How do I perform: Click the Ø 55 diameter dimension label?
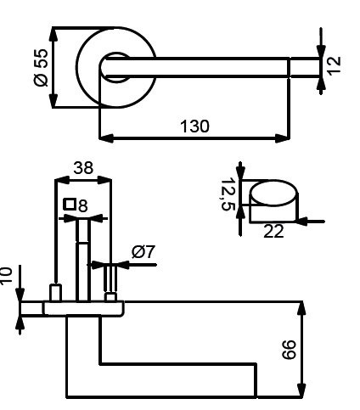coord(41,67)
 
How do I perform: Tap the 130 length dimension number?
coord(194,126)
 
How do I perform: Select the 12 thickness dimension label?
coord(335,65)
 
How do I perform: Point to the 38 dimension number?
coord(83,167)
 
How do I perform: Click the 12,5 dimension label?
coord(228,194)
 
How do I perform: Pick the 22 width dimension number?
coord(273,231)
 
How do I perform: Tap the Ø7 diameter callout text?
coord(143,251)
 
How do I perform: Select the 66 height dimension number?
coord(290,350)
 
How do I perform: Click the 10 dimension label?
coord(6,275)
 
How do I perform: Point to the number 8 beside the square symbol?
coord(83,205)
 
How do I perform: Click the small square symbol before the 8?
coord(70,205)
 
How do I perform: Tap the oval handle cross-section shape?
coord(273,193)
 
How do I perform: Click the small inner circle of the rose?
coord(116,67)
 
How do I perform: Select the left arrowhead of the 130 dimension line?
coord(106,138)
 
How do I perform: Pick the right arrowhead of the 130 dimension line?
coord(283,138)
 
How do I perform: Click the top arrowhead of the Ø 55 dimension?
coord(53,35)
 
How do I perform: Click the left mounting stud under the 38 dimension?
coord(56,293)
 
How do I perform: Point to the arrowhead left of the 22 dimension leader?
coord(301,222)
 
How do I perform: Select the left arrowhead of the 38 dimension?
coord(62,180)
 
